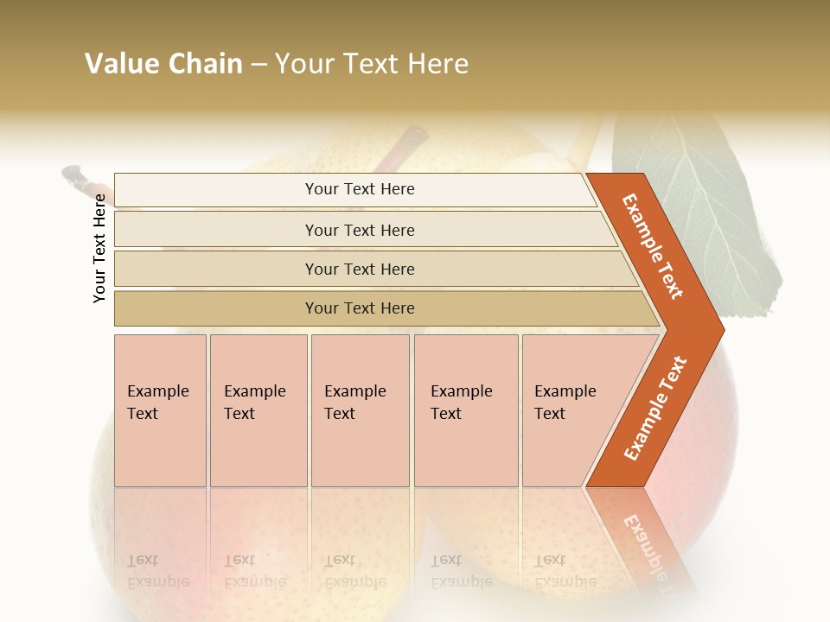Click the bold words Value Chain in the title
click(x=163, y=64)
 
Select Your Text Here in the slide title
click(x=372, y=64)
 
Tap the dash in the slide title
click(x=259, y=65)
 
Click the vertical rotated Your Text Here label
click(x=99, y=248)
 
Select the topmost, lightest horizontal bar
click(x=360, y=189)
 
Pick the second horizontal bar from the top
click(x=360, y=230)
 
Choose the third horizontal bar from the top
click(x=360, y=269)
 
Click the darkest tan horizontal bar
click(x=360, y=308)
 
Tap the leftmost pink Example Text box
click(x=160, y=410)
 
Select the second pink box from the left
click(x=259, y=410)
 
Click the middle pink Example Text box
click(x=360, y=410)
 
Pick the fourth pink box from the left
click(x=466, y=410)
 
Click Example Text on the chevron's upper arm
click(x=653, y=246)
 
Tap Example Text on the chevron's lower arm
click(x=655, y=409)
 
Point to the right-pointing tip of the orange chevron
click(x=719, y=330)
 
